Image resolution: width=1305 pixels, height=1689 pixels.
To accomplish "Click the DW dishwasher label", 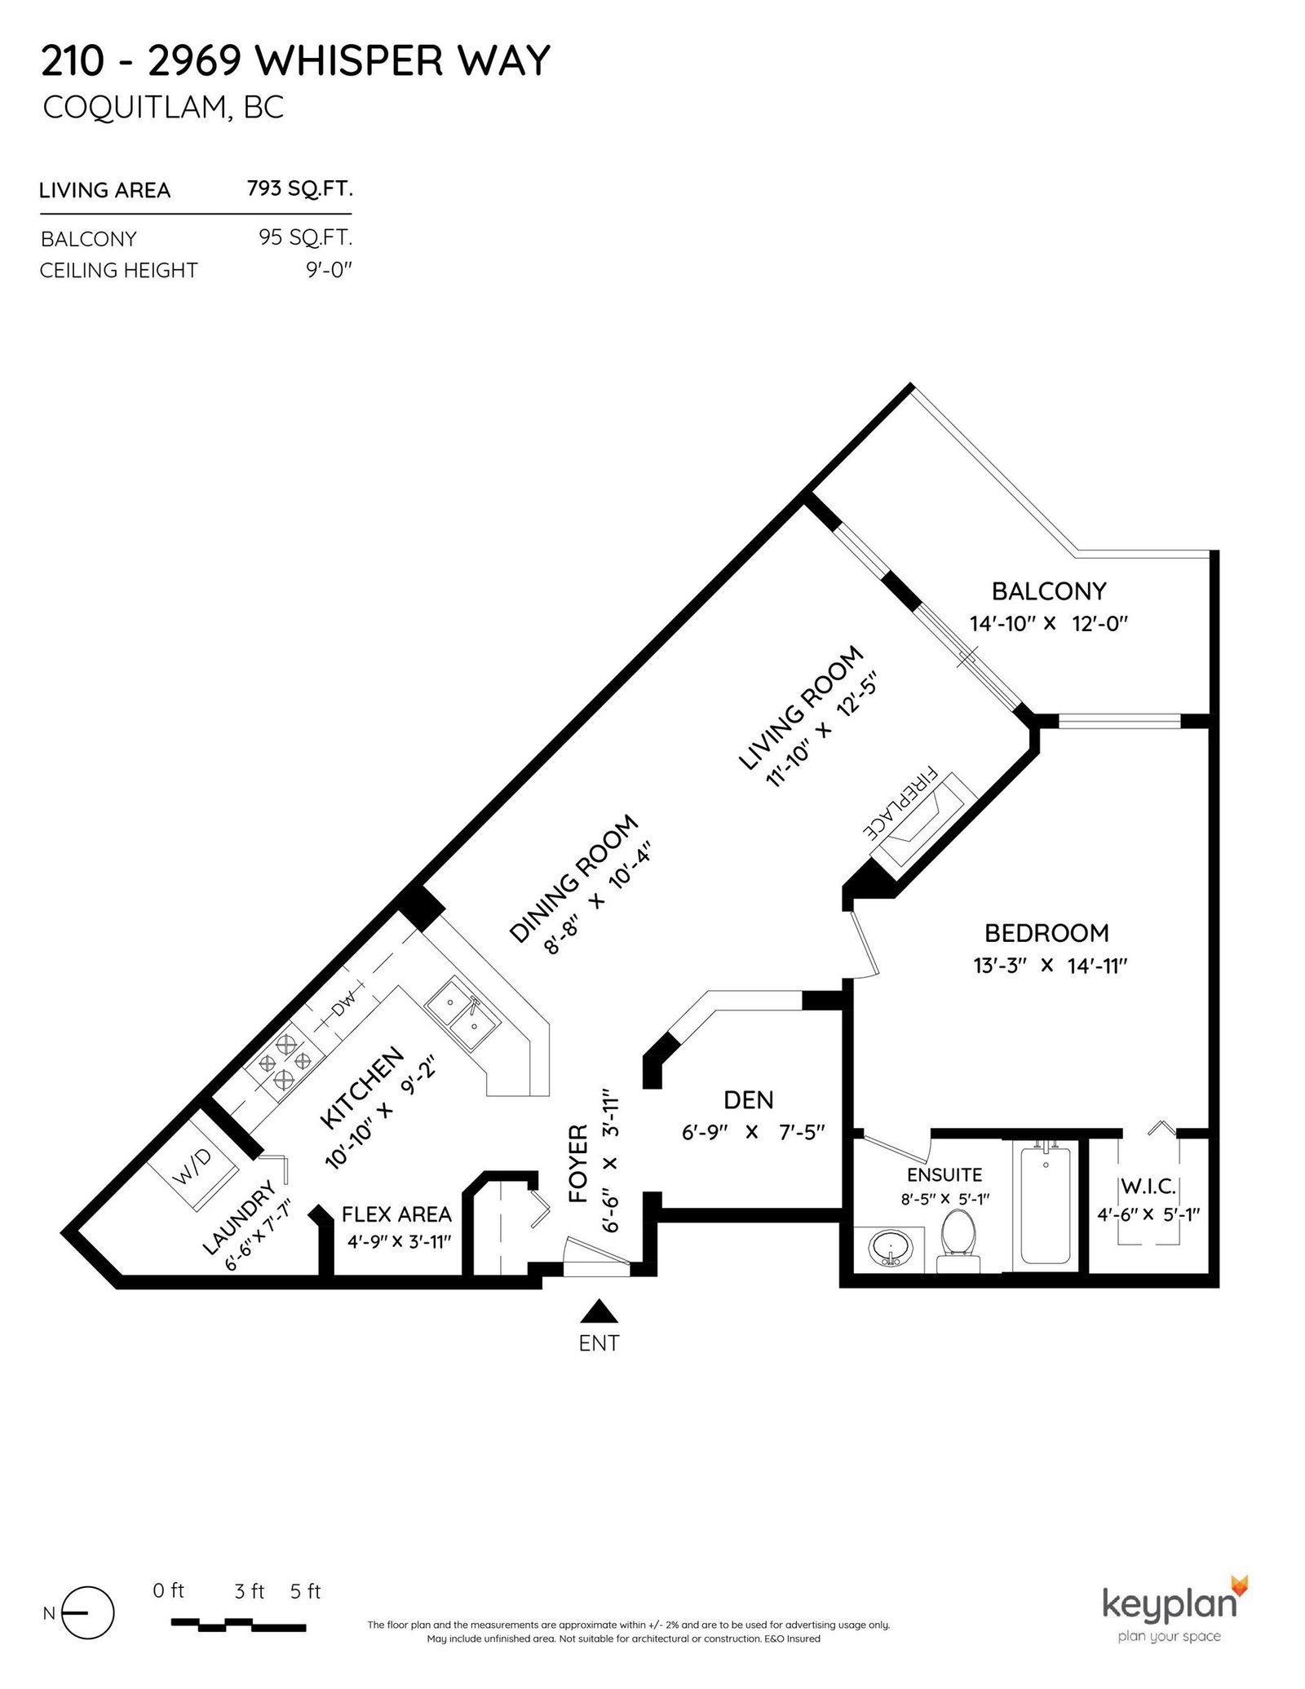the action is point(343,1004).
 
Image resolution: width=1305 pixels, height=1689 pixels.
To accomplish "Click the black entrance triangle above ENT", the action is point(599,1311).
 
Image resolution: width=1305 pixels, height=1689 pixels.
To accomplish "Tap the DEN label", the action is point(749,1099).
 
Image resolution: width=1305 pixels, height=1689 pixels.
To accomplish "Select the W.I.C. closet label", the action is point(1148,1185).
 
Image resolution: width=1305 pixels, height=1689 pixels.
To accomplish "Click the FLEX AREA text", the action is point(396,1214).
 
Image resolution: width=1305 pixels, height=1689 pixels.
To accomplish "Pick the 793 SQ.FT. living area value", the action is point(299,189).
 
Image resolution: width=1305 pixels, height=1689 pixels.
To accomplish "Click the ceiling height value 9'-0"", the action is point(329,269).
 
